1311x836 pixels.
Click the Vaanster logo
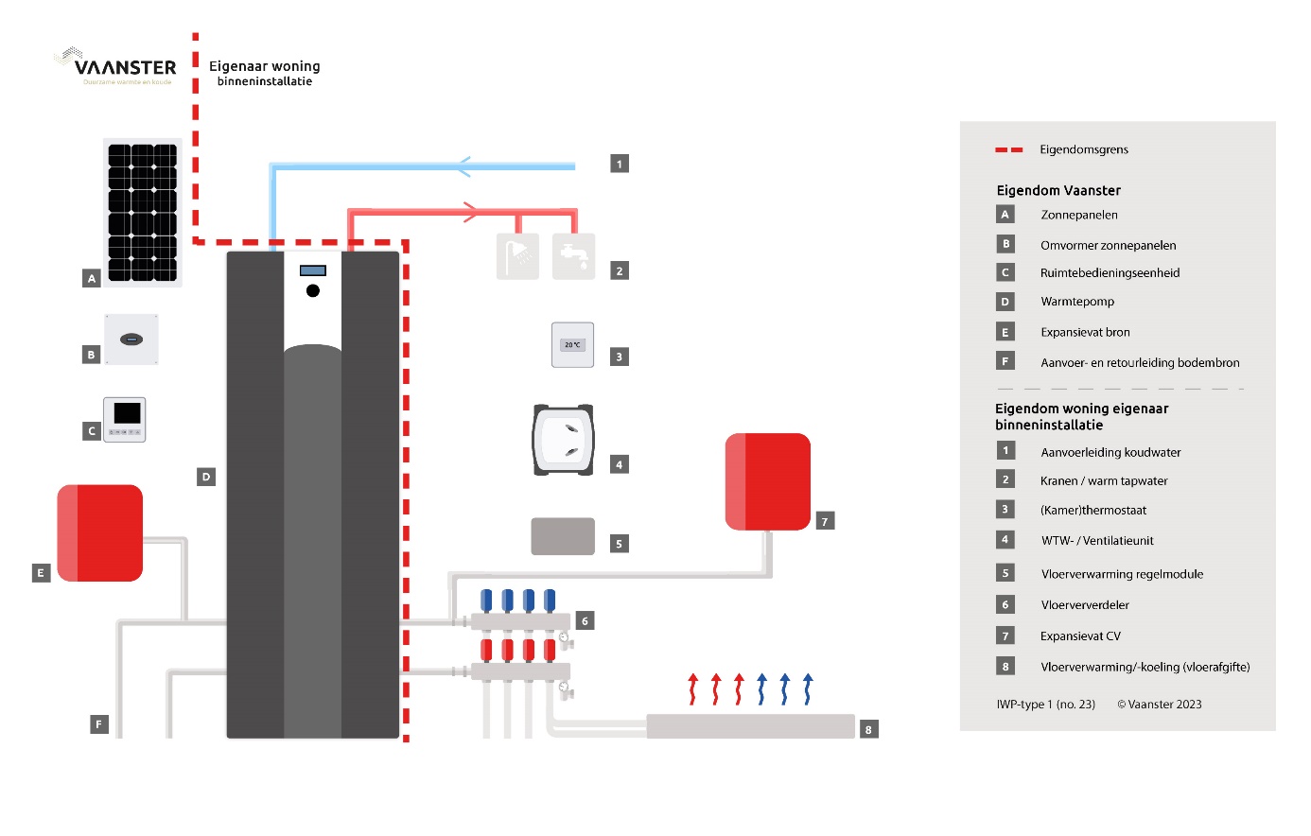[116, 66]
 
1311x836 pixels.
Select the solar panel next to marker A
[142, 212]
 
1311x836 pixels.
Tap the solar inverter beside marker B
[131, 340]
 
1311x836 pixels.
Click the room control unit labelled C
[125, 419]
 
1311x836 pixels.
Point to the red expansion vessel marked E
[100, 532]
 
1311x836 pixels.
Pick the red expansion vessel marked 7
[768, 481]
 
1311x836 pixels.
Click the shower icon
[517, 256]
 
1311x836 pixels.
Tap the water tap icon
[573, 256]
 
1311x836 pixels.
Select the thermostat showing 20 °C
[572, 345]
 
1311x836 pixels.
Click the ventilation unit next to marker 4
[563, 440]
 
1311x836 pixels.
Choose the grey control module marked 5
[563, 536]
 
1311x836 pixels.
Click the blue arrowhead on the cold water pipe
[463, 166]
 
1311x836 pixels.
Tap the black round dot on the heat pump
[313, 290]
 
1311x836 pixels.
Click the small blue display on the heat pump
[313, 270]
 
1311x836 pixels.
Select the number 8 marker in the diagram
[868, 729]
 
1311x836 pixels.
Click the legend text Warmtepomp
[1077, 302]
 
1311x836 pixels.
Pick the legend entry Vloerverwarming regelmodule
[1122, 574]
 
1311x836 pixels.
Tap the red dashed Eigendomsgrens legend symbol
[1009, 149]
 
